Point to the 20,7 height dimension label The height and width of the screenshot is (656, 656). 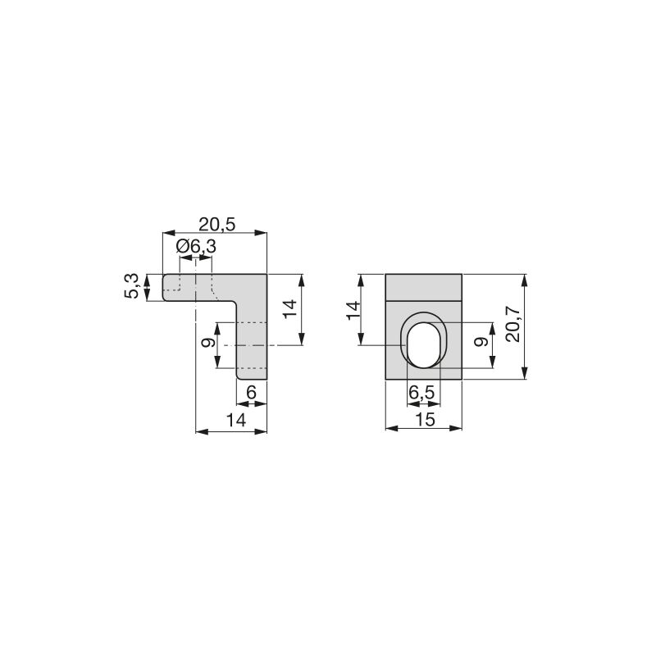pyautogui.click(x=513, y=326)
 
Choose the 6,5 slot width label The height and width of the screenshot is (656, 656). pyautogui.click(x=422, y=393)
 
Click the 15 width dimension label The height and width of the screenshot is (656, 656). pyautogui.click(x=424, y=418)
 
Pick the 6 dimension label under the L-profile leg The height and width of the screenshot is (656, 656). pyautogui.click(x=251, y=393)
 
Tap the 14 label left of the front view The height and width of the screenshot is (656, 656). pyautogui.click(x=353, y=310)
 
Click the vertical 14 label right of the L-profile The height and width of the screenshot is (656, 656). pyautogui.click(x=289, y=310)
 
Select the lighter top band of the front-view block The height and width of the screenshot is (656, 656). pyautogui.click(x=424, y=288)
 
